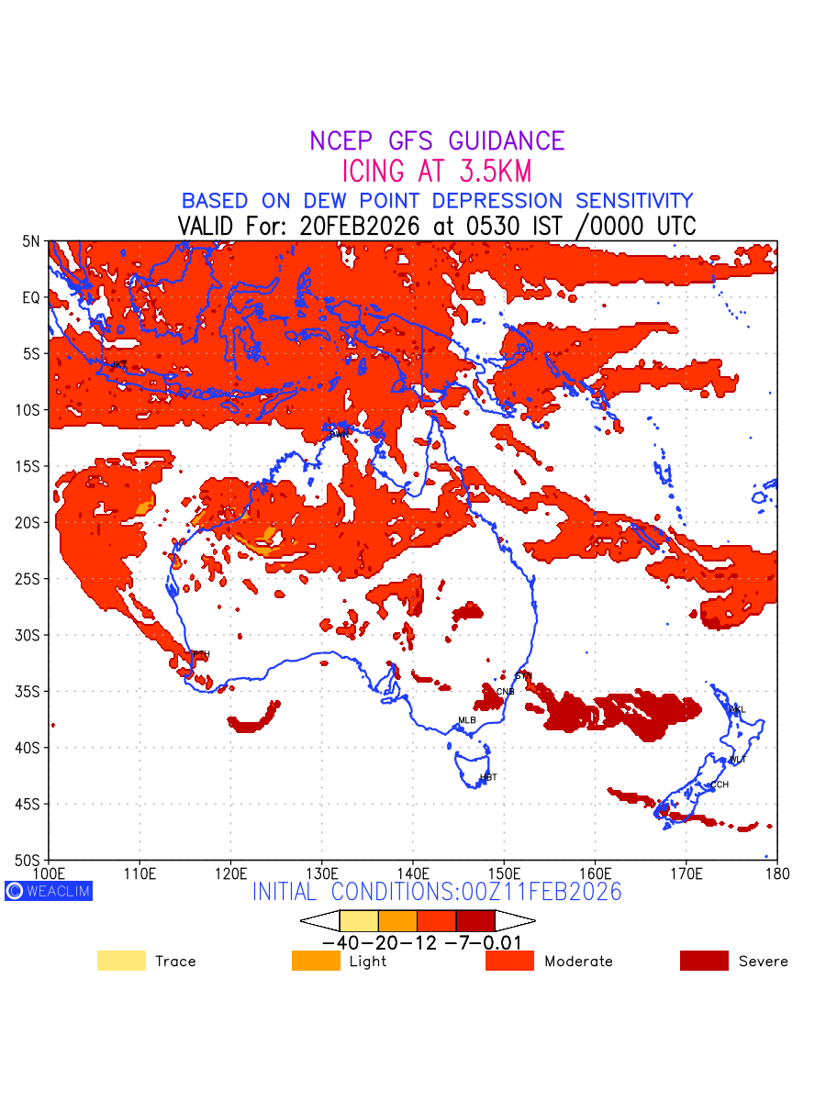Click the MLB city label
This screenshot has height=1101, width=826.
click(467, 720)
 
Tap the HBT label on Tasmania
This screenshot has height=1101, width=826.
click(488, 777)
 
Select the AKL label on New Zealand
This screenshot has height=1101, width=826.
click(737, 709)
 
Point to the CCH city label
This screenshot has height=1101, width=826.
click(720, 784)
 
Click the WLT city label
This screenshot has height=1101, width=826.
click(737, 760)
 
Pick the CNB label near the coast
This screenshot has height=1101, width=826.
click(506, 691)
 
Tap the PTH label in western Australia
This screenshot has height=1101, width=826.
click(201, 653)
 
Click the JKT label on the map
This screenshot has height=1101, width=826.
click(118, 364)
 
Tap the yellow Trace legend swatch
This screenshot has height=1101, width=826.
click(121, 961)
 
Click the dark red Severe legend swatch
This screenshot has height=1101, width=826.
click(704, 961)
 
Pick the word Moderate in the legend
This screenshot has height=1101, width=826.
click(578, 962)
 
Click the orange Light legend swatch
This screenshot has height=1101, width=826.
click(316, 961)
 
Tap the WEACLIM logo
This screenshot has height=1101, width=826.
click(49, 890)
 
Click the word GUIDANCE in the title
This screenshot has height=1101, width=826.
click(507, 141)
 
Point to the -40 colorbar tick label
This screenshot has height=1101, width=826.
click(340, 942)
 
